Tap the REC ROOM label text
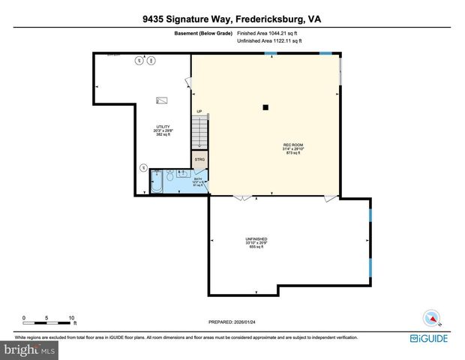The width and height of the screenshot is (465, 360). coord(292,144)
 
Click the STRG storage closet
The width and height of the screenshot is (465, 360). coord(199,160)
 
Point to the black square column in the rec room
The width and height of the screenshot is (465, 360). coord(265,107)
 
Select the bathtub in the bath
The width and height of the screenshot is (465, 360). coord(157,182)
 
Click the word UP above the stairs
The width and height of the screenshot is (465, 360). coord(199,112)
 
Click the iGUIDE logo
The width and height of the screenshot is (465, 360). coord(430,339)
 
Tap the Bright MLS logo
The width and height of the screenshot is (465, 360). coord(30,349)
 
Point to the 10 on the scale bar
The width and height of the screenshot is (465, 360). coord(72,317)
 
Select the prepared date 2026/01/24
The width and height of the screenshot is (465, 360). coord(254,320)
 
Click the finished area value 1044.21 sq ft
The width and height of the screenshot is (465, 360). coord(279,34)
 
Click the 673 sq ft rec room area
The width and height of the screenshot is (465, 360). coord(292,153)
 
